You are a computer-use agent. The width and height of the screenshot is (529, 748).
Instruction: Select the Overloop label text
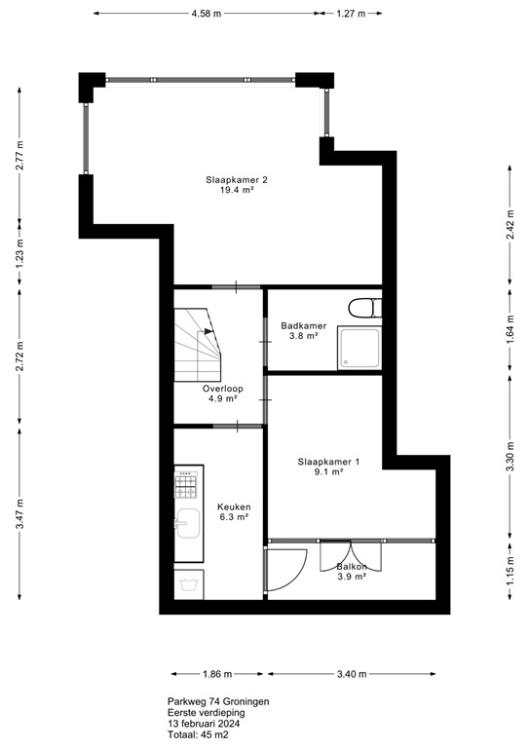(222, 389)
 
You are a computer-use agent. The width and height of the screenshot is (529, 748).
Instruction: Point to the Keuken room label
(234, 506)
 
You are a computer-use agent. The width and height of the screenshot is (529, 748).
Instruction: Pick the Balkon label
(352, 567)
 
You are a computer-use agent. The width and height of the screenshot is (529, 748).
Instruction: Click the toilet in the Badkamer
(362, 309)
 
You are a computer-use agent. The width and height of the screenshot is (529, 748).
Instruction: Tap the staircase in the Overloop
(199, 346)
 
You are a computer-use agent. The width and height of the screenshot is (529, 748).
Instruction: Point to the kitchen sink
(187, 524)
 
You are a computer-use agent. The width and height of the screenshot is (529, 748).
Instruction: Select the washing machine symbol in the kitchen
(187, 583)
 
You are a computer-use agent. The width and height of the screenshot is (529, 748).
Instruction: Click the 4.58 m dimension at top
(206, 15)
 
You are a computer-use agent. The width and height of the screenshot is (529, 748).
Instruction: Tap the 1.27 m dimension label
(350, 15)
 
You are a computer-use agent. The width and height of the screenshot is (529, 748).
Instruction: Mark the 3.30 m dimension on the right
(510, 457)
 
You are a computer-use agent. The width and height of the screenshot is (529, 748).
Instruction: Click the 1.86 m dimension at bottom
(217, 673)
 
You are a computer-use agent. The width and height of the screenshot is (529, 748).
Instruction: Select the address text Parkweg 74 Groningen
(217, 701)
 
